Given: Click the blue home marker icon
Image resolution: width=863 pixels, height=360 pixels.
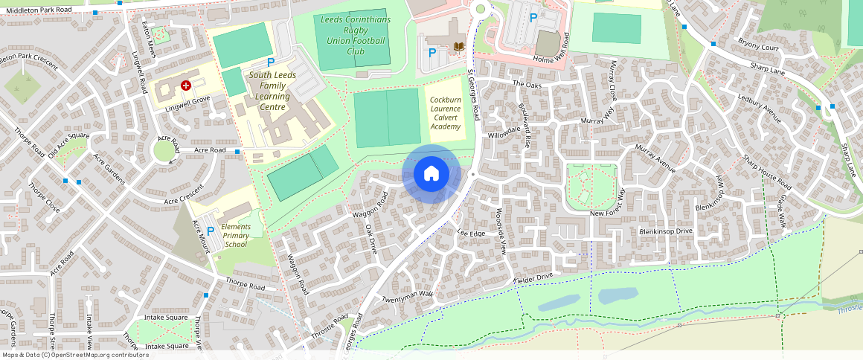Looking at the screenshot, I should tap(431, 174).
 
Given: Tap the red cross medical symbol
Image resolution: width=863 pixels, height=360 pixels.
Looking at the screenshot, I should tap(186, 86).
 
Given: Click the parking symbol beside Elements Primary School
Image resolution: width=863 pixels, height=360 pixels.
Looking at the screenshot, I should tap(210, 231).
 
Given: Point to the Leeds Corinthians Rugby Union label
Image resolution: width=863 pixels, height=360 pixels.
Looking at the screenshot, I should tap(355, 36).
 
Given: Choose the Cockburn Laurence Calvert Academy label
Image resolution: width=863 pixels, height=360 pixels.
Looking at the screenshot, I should tap(446, 109).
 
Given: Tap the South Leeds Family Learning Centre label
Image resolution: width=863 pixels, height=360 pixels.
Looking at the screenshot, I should tap(272, 91).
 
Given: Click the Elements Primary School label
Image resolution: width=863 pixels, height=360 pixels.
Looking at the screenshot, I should tap(236, 235).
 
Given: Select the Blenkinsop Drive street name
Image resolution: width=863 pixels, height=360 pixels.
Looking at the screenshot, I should tap(666, 232).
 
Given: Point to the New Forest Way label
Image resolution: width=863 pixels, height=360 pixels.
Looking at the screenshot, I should tap(607, 213).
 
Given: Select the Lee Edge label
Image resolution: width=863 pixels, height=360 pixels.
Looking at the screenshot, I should tap(470, 234).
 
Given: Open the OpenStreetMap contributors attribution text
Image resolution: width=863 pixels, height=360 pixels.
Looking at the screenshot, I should tap(76, 355).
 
